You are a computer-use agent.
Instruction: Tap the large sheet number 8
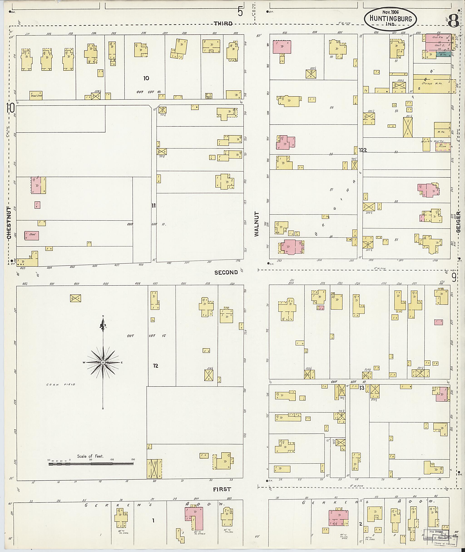tap(453, 21)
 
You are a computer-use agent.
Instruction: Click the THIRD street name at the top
tap(223, 23)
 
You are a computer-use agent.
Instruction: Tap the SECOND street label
tap(226, 272)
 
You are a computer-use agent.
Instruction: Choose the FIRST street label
tap(222, 490)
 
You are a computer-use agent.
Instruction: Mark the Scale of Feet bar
tap(91, 463)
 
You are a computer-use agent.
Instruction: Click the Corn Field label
tap(61, 384)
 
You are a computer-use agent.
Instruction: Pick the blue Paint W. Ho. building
tap(443, 54)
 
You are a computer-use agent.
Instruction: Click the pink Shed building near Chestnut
tap(32, 235)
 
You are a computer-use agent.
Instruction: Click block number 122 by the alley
tap(363, 150)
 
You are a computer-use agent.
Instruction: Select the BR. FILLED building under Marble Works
tap(443, 147)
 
